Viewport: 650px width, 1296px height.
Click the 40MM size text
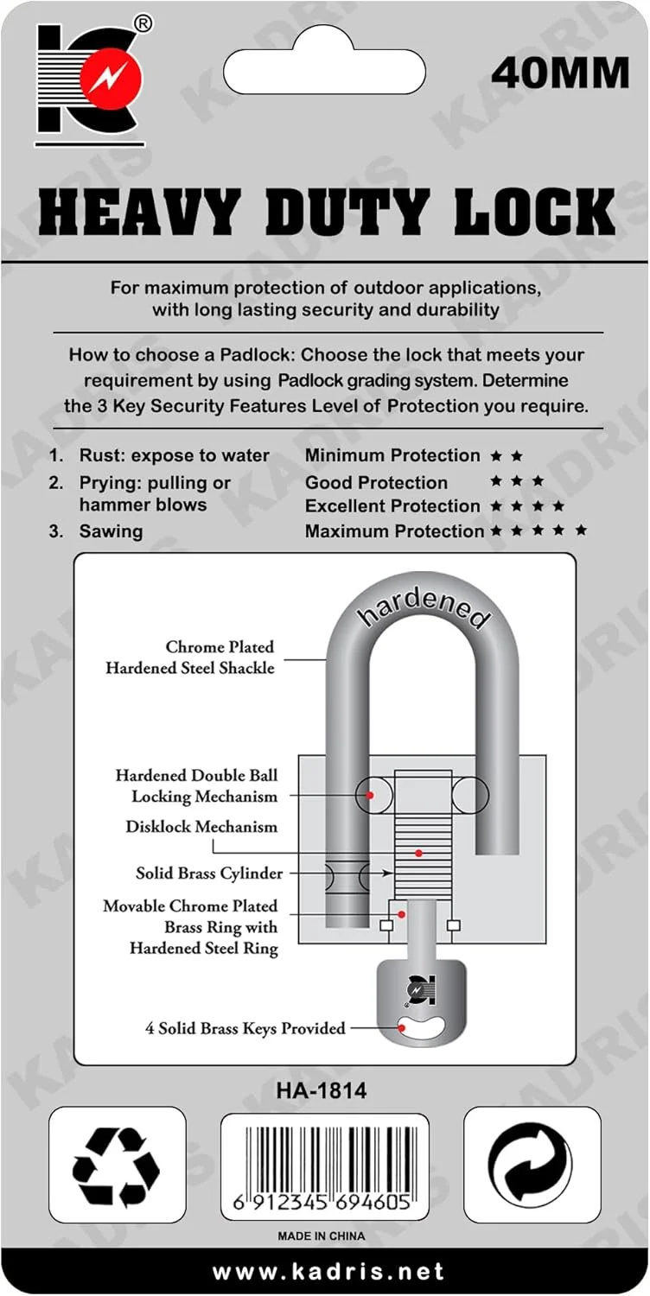[x=559, y=73]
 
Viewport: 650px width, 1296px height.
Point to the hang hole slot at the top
[x=324, y=67]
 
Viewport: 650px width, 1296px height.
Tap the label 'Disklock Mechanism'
[x=201, y=827]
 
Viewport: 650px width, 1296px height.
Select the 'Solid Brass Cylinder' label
[x=209, y=874]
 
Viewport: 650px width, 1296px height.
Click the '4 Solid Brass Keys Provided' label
[x=245, y=1028]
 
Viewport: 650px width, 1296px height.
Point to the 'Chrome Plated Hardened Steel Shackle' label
[x=190, y=658]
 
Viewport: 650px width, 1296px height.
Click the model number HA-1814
[x=322, y=1091]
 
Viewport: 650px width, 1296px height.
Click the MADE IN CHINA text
[x=322, y=1236]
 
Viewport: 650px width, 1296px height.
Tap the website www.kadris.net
[x=328, y=1272]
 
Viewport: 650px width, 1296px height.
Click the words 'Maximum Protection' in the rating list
[x=394, y=531]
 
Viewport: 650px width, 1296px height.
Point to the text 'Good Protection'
[x=376, y=482]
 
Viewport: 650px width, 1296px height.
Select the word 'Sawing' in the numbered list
[x=111, y=531]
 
